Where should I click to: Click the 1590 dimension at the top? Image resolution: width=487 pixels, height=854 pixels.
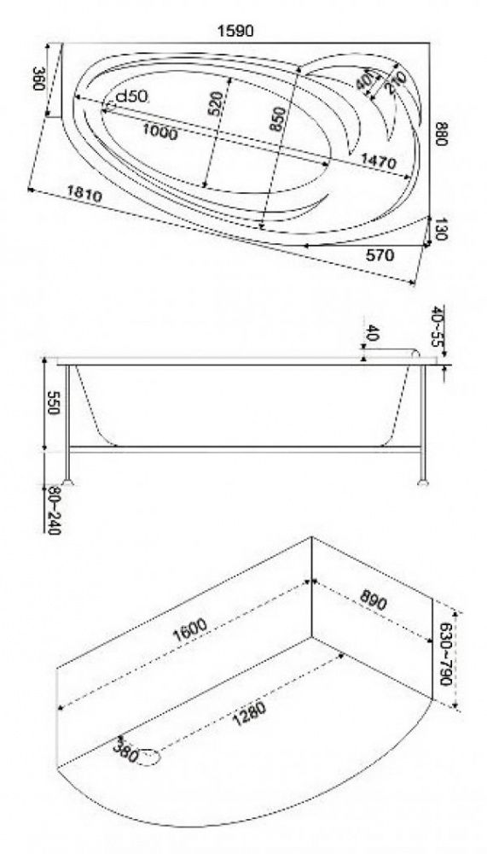[235, 31]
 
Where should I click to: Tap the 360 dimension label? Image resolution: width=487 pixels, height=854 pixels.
[39, 79]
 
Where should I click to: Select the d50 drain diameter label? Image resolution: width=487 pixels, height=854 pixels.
[131, 97]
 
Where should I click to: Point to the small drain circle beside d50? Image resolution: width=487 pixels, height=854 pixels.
[109, 106]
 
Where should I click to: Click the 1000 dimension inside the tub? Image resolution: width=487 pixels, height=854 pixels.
[160, 132]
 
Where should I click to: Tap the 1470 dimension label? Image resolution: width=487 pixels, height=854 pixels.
[378, 161]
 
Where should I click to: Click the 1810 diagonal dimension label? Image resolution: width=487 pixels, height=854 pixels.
[84, 193]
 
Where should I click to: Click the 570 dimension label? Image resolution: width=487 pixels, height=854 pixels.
[380, 254]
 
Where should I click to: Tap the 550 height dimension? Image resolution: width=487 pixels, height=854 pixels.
[53, 402]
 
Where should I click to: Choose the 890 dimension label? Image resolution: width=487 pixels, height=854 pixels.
[374, 600]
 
